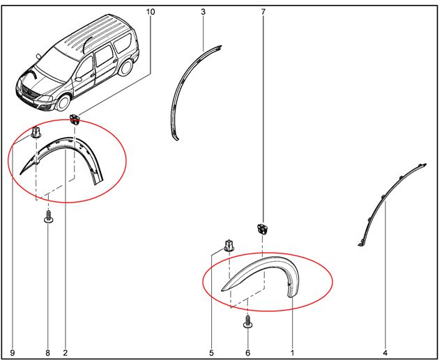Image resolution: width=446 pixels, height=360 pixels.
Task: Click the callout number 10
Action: pyautogui.click(x=151, y=12)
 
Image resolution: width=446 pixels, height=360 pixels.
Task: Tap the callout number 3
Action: pyautogui.click(x=203, y=12)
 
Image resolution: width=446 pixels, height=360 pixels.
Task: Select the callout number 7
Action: pyautogui.click(x=263, y=12)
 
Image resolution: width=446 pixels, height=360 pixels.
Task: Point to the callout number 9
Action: pyautogui.click(x=13, y=353)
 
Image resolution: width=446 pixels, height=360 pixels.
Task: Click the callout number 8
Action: pyautogui.click(x=47, y=353)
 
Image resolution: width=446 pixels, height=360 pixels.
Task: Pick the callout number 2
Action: pyautogui.click(x=66, y=353)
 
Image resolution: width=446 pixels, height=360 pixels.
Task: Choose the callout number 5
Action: pyautogui.click(x=211, y=353)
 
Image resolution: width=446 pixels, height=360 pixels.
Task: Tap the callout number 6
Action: pyautogui.click(x=248, y=353)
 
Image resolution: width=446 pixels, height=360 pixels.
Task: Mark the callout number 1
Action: pyautogui.click(x=292, y=353)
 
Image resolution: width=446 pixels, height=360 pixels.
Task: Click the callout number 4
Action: pyautogui.click(x=385, y=353)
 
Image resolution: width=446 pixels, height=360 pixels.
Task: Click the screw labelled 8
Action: pyautogui.click(x=48, y=217)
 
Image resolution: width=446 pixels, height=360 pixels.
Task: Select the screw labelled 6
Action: pyautogui.click(x=248, y=322)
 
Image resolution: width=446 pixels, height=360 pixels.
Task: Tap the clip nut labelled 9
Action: pyautogui.click(x=36, y=132)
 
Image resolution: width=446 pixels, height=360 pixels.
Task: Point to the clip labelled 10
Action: pyautogui.click(x=75, y=119)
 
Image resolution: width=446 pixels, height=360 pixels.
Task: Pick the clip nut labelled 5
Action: pyautogui.click(x=229, y=246)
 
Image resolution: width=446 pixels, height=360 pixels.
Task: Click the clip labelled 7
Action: pyautogui.click(x=263, y=229)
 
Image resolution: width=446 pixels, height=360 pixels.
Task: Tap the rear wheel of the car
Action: pyautogui.click(x=125, y=68)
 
